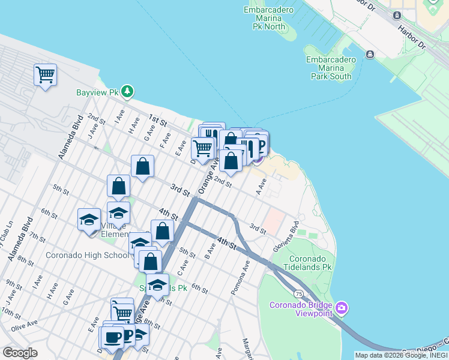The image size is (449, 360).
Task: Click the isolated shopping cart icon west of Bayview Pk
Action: pyautogui.click(x=45, y=75)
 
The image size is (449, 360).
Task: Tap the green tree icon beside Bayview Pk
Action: pyautogui.click(x=127, y=92)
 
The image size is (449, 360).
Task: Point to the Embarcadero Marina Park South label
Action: pyautogui.click(x=331, y=68)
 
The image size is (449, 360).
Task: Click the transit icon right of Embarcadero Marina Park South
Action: pyautogui.click(x=370, y=55)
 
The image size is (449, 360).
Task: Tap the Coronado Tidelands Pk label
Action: pyautogui.click(x=302, y=262)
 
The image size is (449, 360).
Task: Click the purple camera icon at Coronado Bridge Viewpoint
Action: pyautogui.click(x=342, y=308)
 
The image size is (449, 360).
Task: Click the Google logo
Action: pyautogui.click(x=20, y=353)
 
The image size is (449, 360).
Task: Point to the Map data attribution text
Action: pyautogui.click(x=400, y=355)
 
